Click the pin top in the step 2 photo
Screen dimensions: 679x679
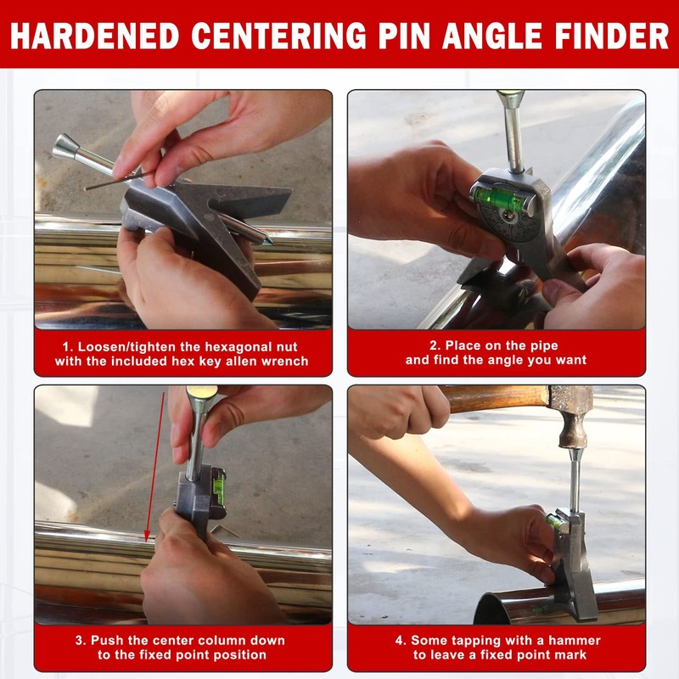(x=510, y=99)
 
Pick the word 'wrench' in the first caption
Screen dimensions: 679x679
(x=284, y=362)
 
